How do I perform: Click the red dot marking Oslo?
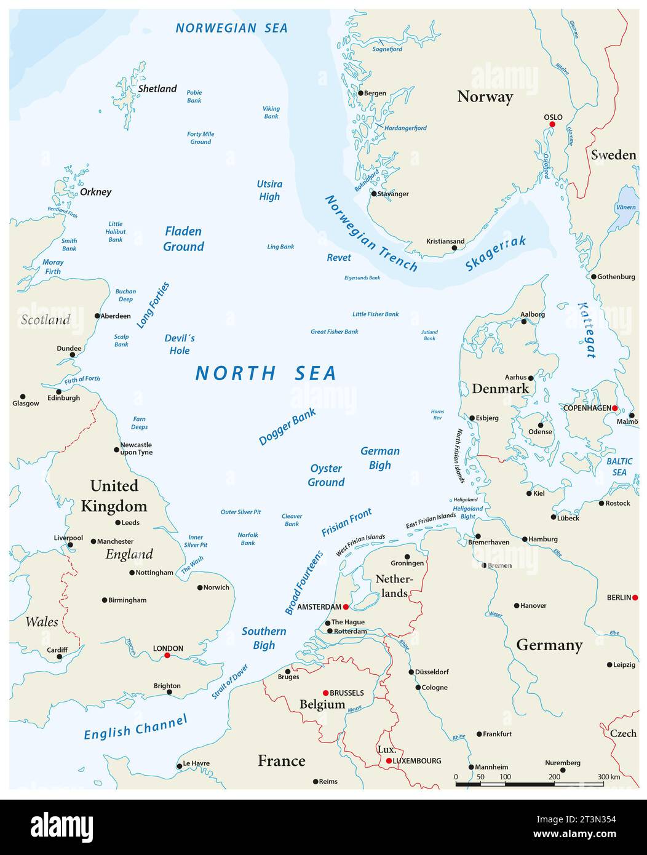pos(552,124)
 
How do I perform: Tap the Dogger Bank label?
pos(287,426)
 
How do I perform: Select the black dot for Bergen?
pos(361,93)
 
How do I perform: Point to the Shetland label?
pos(157,89)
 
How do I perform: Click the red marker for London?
pos(167,656)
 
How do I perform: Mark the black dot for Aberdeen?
pos(97,316)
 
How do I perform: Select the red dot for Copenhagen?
pos(614,408)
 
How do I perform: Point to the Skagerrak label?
pos(496,253)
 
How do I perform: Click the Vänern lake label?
pos(625,208)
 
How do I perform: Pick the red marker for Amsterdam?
pos(346,606)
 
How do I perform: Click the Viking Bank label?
pos(271,112)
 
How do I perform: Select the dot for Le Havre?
pos(180,766)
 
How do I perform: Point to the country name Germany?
pos(549,645)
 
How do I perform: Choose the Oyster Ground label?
pos(326,475)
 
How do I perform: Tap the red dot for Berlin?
pos(635,597)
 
